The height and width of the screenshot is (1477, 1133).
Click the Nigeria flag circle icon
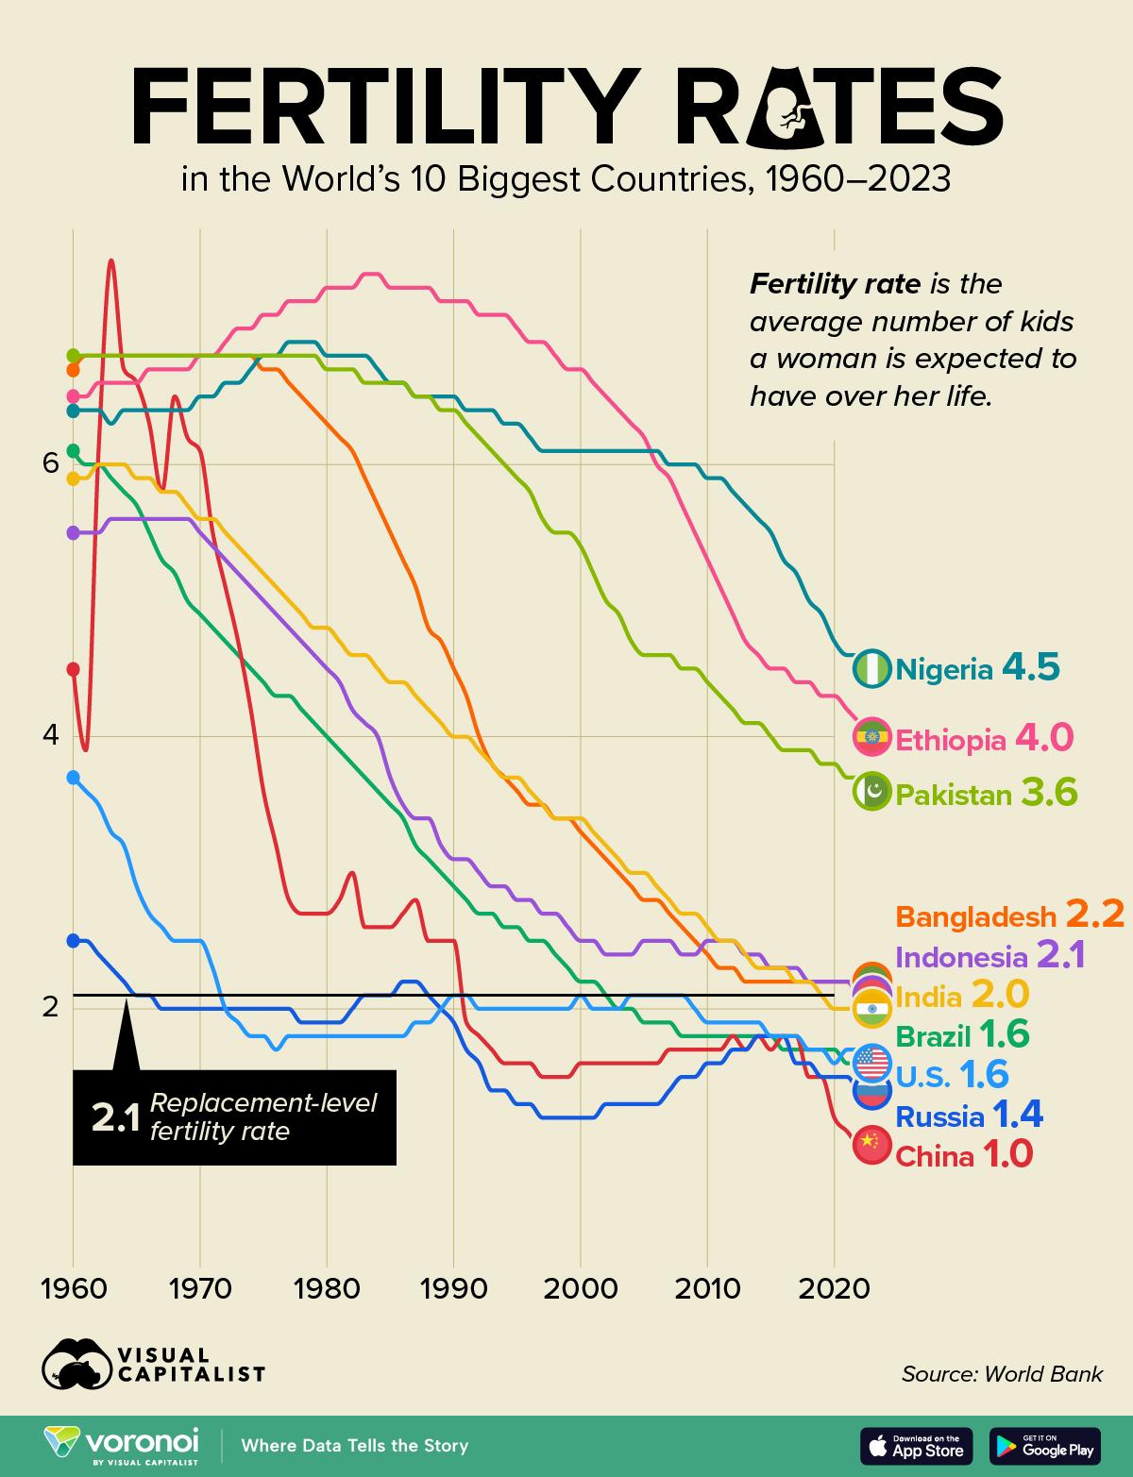click(871, 668)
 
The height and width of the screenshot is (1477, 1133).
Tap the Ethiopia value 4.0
click(1043, 738)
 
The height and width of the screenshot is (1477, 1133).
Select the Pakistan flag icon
click(871, 792)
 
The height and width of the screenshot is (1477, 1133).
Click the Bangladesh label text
click(975, 916)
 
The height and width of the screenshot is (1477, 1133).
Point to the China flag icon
click(871, 1144)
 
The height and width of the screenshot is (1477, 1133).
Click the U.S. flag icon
click(871, 1064)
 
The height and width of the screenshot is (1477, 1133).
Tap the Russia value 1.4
click(1018, 1116)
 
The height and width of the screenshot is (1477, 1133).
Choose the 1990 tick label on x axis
click(453, 1288)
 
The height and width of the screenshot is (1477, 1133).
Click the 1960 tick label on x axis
click(73, 1288)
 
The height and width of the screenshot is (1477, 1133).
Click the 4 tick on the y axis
click(51, 734)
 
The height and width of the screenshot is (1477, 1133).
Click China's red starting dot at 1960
click(73, 668)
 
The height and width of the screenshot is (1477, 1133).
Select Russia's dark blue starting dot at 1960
click(73, 940)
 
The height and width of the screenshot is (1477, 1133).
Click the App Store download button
click(916, 1445)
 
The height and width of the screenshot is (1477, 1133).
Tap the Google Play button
click(1044, 1445)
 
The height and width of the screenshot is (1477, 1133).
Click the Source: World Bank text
click(1001, 1374)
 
